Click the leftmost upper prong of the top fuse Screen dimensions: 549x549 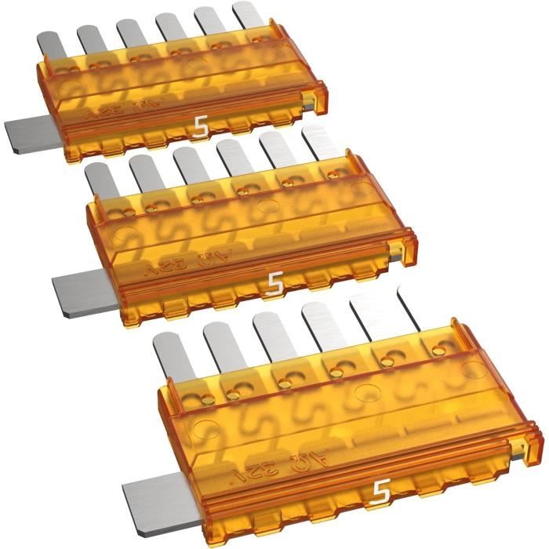[50, 42]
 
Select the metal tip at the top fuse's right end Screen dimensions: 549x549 [312, 98]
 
